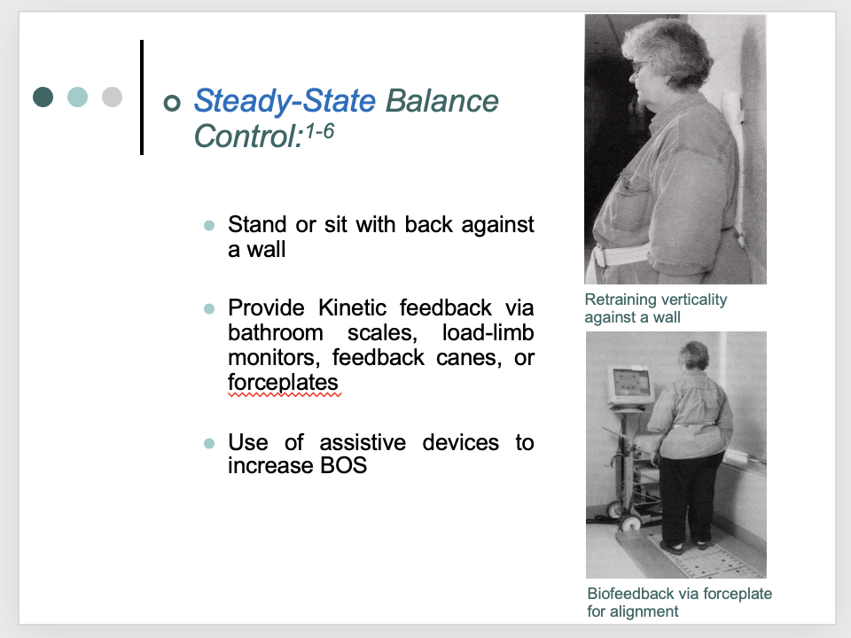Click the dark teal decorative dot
pos(43,97)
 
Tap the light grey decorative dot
pos(112,97)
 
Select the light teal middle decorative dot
pos(77,97)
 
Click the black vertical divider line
pos(142,97)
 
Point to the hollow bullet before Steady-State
pos(172,103)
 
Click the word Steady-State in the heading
pos(285,101)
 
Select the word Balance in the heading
pos(441,101)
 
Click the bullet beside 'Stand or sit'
pos(209,226)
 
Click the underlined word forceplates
pos(283,383)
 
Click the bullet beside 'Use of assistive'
pos(209,442)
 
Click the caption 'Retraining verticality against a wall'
pos(655,307)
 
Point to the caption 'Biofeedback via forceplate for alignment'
pos(679,602)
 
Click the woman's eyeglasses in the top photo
pos(636,67)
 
